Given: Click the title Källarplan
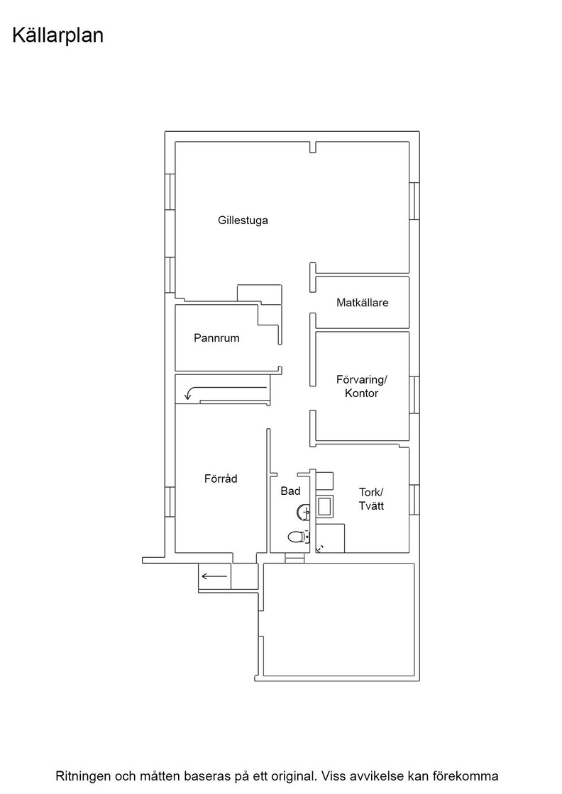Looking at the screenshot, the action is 57,36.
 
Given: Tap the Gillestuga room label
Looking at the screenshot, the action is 243,220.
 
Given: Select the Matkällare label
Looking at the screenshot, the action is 363,303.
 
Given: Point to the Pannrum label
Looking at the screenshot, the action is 216,337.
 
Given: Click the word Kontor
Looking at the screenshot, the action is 361,393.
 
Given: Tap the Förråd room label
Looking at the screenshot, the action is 221,479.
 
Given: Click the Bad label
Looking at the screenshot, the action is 290,491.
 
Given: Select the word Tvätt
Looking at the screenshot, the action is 371,506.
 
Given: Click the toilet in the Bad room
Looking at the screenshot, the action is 299,536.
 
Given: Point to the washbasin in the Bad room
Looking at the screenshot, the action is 304,513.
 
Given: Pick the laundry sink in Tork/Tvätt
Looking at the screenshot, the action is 324,507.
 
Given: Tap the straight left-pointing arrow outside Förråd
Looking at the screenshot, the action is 214,576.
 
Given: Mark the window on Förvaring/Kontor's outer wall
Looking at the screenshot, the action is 414,395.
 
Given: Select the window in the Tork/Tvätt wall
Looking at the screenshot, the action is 414,500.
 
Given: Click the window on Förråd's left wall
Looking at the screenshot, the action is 170,502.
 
